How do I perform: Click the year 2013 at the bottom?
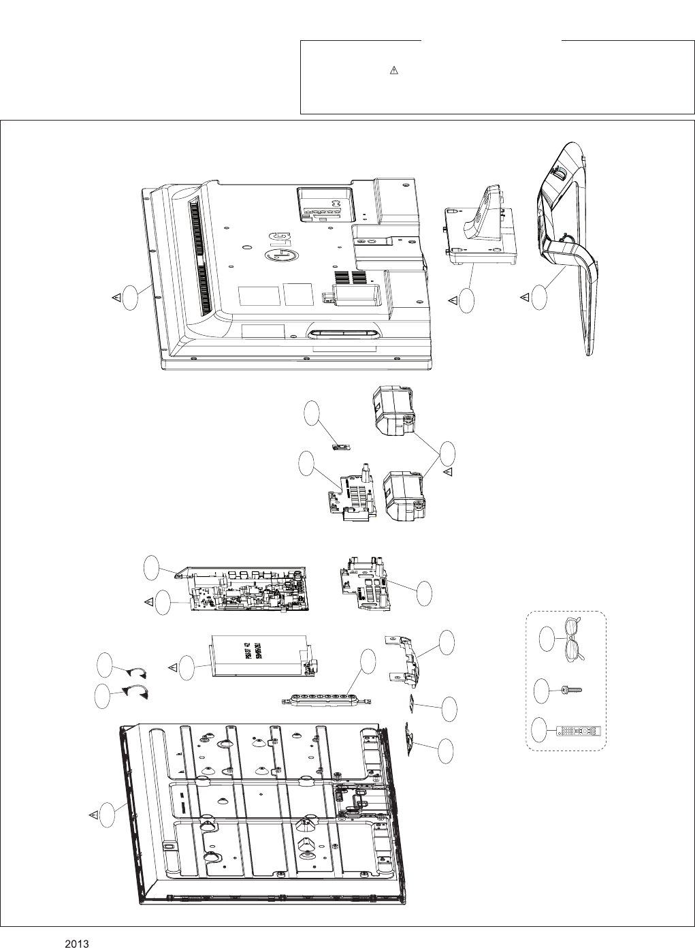click(x=78, y=944)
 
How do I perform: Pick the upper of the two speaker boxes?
click(x=392, y=411)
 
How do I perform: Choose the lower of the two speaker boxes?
click(x=404, y=496)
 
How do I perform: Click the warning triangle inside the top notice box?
click(x=393, y=71)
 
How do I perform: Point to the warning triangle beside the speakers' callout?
click(x=447, y=471)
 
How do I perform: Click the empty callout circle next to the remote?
click(x=542, y=729)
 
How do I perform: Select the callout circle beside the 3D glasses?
click(x=549, y=639)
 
